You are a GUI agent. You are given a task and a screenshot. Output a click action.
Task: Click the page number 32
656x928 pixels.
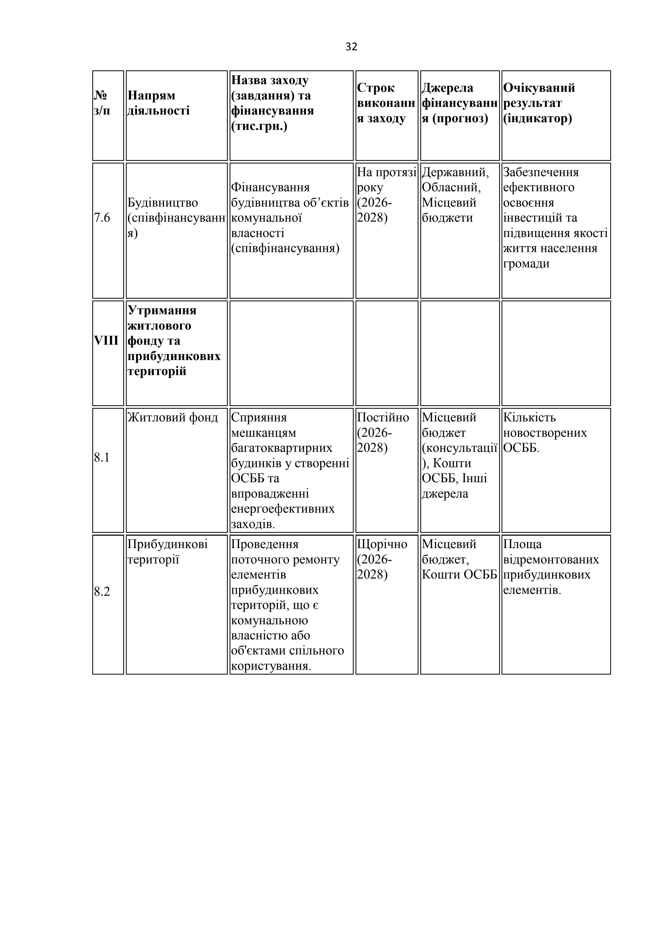[x=351, y=47]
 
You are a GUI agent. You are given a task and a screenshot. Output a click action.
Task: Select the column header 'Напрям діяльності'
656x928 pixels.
[x=158, y=103]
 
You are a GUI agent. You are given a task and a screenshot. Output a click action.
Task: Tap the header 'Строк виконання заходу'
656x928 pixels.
[x=386, y=103]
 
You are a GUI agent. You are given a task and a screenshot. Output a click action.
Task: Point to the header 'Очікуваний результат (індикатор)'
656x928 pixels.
[x=539, y=103]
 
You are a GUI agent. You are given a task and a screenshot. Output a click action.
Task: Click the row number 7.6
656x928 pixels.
[x=102, y=218]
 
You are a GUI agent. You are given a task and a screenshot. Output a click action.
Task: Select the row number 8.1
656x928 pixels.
[x=102, y=458]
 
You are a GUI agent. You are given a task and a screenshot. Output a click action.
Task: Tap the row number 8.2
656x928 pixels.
[x=102, y=592]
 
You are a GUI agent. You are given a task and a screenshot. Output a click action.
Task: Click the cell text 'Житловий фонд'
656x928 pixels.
[x=172, y=417]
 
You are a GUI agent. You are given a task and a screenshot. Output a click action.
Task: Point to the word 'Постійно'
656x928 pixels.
[x=383, y=417]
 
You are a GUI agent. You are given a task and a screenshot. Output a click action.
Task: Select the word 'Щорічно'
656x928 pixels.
[x=382, y=544]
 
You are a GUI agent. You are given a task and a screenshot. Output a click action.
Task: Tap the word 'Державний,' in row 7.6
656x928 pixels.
[x=455, y=172]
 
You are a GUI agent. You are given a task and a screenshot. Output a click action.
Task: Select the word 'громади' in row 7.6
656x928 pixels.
[x=526, y=264]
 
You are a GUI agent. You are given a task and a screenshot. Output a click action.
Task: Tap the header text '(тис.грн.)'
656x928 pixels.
[x=259, y=126]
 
